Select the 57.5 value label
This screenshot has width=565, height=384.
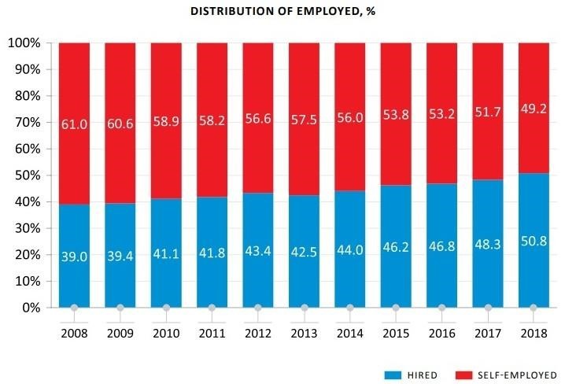(304, 125)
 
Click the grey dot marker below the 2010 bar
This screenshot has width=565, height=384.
(166, 308)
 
